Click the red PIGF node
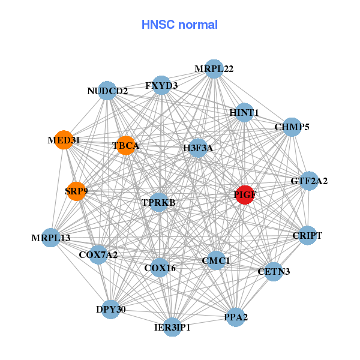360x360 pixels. coord(244,195)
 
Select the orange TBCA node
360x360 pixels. coord(125,145)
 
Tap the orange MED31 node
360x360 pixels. coord(63,140)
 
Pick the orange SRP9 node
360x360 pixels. coord(76,191)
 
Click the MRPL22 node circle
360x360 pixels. coord(214,69)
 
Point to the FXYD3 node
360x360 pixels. coord(161,85)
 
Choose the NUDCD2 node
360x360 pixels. coord(107,91)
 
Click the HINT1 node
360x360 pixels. coord(244,112)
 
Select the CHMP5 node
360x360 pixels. coord(292,127)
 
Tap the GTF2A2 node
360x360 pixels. coord(308,181)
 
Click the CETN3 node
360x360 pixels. coord(274,272)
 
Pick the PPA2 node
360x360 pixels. coord(236,317)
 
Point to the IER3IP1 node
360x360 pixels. coord(172,326)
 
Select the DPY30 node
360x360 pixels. coord(110,309)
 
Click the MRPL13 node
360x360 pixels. coord(52,238)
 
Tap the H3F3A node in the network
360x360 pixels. coord(198,148)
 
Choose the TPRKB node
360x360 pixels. coord(159,203)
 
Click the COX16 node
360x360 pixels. coord(160,268)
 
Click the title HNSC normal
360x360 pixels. coord(179,25)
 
